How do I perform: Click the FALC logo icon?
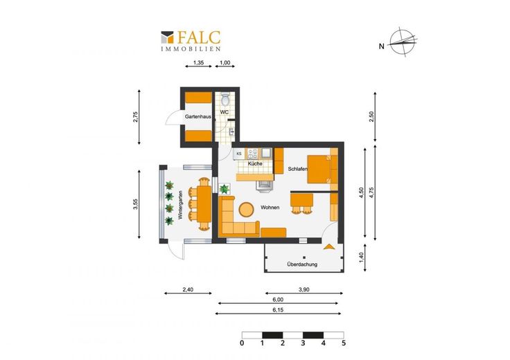167,37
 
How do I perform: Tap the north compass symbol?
403,42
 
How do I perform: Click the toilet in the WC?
225,100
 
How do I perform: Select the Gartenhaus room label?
198,116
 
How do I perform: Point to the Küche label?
255,164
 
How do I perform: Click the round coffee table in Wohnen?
246,210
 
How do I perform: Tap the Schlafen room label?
297,169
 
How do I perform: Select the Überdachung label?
302,264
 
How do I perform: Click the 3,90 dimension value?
304,290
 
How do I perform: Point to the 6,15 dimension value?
278,310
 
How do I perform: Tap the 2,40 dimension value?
188,289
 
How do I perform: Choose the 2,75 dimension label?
136,117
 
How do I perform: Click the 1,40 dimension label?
362,258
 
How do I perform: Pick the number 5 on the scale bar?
344,343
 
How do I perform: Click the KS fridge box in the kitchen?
239,154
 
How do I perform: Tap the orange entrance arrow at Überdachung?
329,247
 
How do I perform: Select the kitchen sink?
267,153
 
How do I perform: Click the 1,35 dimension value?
198,63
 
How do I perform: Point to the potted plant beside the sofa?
225,189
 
